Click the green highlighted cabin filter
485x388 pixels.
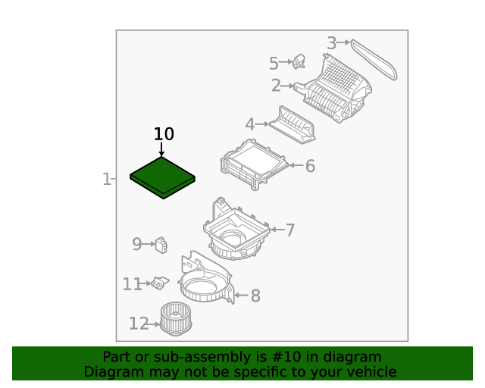162,177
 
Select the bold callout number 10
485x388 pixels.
164,134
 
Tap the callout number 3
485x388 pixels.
332,43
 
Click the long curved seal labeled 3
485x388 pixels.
374,59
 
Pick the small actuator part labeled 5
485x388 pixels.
299,61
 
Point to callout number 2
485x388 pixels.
276,86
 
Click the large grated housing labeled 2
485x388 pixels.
334,88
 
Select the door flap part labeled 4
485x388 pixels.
293,125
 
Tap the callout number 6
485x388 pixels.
310,166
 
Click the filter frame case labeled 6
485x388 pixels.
255,164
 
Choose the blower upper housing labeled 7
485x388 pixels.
236,229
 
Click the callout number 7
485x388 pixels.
289,230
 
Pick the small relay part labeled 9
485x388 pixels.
161,245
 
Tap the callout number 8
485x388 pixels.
255,296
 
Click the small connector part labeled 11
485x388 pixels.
160,283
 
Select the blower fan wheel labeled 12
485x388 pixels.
176,319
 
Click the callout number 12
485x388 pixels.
139,324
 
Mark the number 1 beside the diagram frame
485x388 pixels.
106,179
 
